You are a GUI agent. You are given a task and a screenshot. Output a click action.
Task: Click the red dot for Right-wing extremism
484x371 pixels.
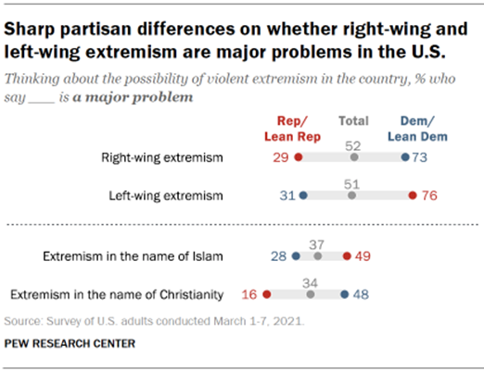click(x=298, y=158)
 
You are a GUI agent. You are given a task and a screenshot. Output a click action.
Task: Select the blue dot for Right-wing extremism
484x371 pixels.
click(x=405, y=158)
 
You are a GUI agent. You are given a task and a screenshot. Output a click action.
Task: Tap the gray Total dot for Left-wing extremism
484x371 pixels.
click(x=351, y=196)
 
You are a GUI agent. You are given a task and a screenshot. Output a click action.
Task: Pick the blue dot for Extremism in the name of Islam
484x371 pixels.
click(x=296, y=255)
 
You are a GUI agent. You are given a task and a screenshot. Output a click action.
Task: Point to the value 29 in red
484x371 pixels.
click(x=281, y=158)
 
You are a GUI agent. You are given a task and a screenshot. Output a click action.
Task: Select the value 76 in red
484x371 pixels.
click(x=428, y=196)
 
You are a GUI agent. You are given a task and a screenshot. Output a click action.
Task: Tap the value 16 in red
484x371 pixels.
click(x=249, y=294)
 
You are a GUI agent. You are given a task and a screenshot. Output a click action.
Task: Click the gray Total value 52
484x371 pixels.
click(x=353, y=144)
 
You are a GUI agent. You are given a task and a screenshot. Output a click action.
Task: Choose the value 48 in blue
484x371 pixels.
click(x=362, y=294)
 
